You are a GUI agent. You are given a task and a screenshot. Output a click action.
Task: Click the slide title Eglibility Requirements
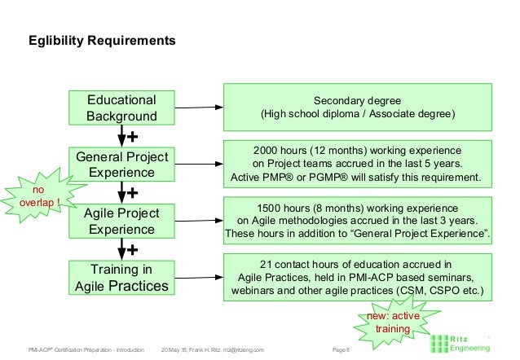tap(102, 40)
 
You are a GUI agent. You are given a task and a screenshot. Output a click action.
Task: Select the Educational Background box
tap(121, 108)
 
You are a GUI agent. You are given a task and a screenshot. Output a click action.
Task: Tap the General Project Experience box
tap(121, 165)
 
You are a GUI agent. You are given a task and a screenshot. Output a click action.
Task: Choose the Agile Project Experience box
tap(121, 221)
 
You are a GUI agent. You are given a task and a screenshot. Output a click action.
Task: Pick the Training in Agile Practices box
tap(121, 277)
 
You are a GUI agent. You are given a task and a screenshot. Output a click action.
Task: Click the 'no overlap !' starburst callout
tap(41, 198)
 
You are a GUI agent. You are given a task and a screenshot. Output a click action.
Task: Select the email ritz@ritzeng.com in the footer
tap(242, 349)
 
